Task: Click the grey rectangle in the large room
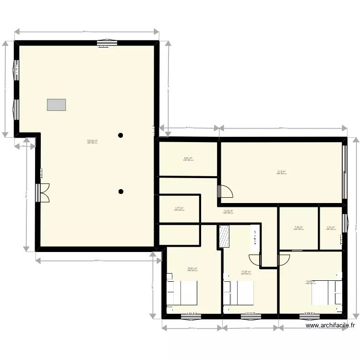pyautogui.click(x=56, y=105)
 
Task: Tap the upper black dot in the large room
pyautogui.click(x=121, y=135)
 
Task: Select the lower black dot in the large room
pyautogui.click(x=121, y=192)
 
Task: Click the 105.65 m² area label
pyautogui.click(x=92, y=141)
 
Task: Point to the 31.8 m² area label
pyautogui.click(x=281, y=172)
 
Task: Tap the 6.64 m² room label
pyautogui.click(x=188, y=158)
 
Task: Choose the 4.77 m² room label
pyautogui.click(x=179, y=208)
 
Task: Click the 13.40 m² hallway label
pyautogui.click(x=228, y=211)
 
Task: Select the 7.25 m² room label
pyautogui.click(x=298, y=228)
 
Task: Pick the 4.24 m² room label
pyautogui.click(x=330, y=228)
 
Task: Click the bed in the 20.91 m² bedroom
pyautogui.click(x=182, y=292)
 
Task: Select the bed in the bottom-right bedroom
pyautogui.click(x=327, y=292)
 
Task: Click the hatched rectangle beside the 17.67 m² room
pyautogui.click(x=224, y=237)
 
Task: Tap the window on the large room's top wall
pyautogui.click(x=104, y=43)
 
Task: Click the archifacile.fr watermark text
pyautogui.click(x=331, y=325)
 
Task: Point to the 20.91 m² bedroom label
pyautogui.click(x=192, y=269)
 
